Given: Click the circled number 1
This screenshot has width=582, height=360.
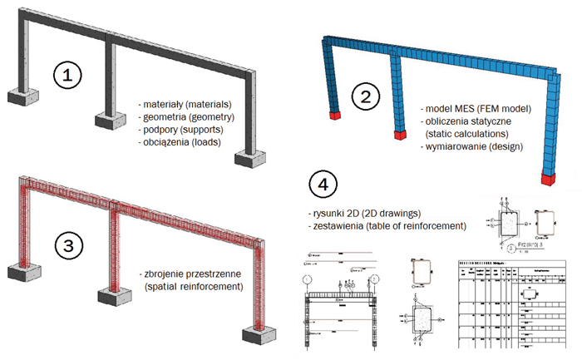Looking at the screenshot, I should coord(67,75).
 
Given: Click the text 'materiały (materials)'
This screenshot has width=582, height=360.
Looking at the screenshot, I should coord(185,105).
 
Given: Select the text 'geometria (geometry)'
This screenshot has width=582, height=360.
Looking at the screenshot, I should coord(184,118).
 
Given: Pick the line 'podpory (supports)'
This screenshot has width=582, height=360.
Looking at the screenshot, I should coord(178,131).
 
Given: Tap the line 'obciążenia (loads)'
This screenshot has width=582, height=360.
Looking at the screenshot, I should coord(179,145).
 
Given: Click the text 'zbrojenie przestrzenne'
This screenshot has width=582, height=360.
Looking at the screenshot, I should coord(192,274).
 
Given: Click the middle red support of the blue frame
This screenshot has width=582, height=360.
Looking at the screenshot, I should coord(395,134).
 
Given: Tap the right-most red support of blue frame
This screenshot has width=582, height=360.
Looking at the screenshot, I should coord(546,178).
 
